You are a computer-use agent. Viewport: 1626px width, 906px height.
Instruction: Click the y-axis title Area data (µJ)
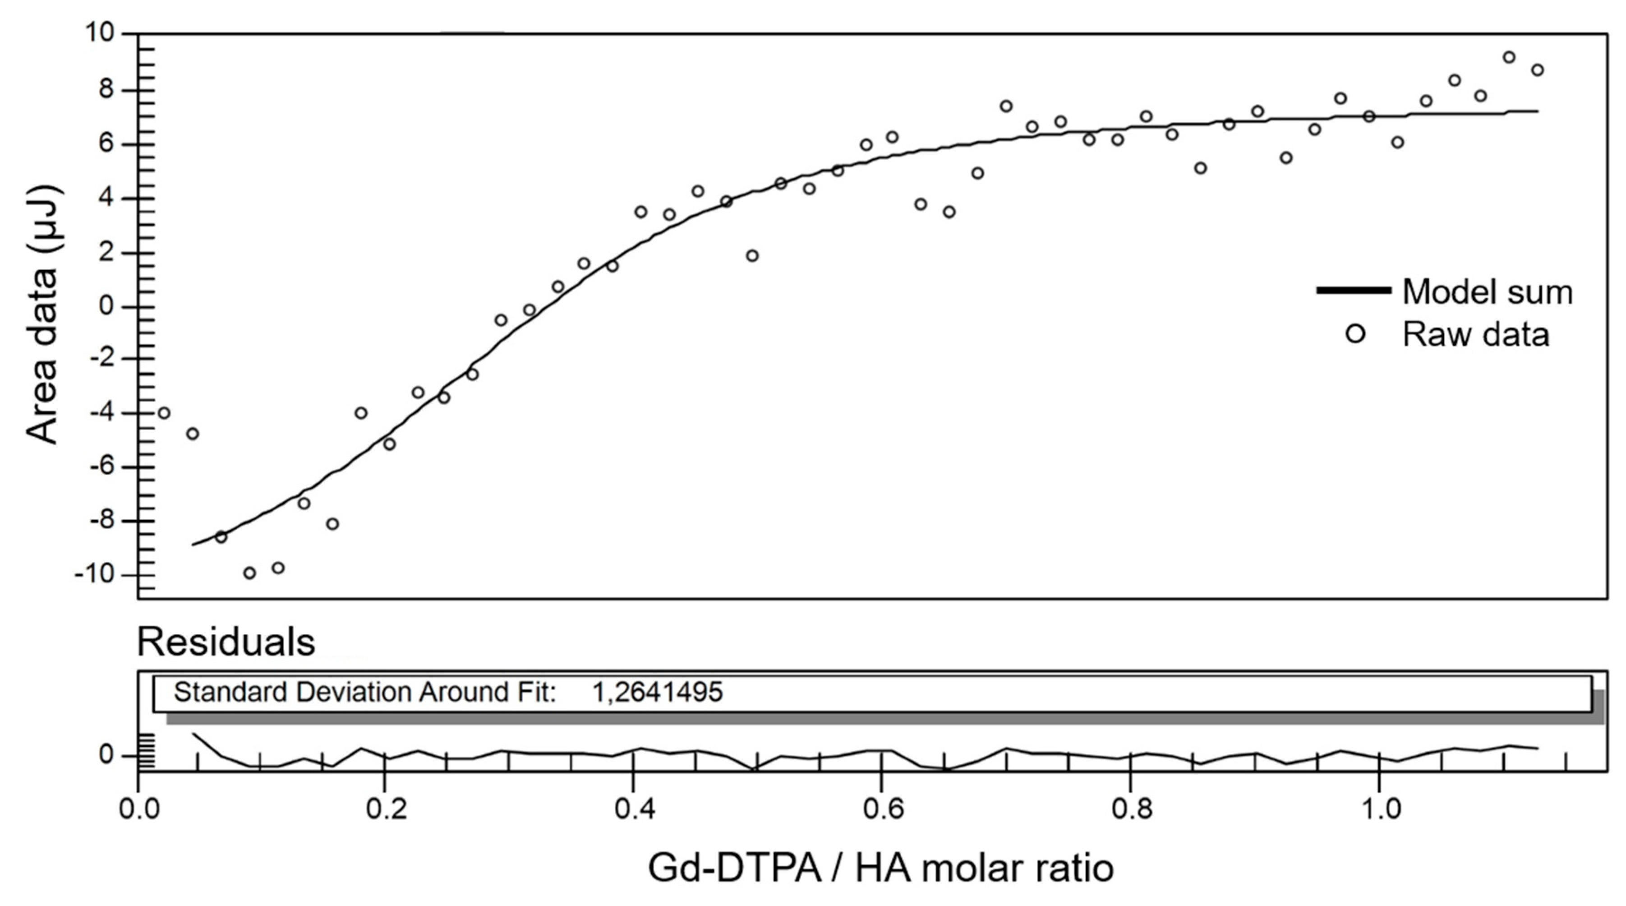43,314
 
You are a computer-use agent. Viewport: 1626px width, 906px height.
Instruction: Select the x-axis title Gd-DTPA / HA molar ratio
880,869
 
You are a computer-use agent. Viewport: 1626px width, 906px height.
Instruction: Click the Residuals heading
226,642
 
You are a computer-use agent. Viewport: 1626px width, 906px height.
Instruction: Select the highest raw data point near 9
1509,57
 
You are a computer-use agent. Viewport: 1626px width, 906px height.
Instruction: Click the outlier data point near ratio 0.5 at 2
752,256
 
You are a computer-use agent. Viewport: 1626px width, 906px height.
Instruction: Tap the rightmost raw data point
1538,70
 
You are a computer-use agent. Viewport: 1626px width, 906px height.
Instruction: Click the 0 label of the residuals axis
107,755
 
